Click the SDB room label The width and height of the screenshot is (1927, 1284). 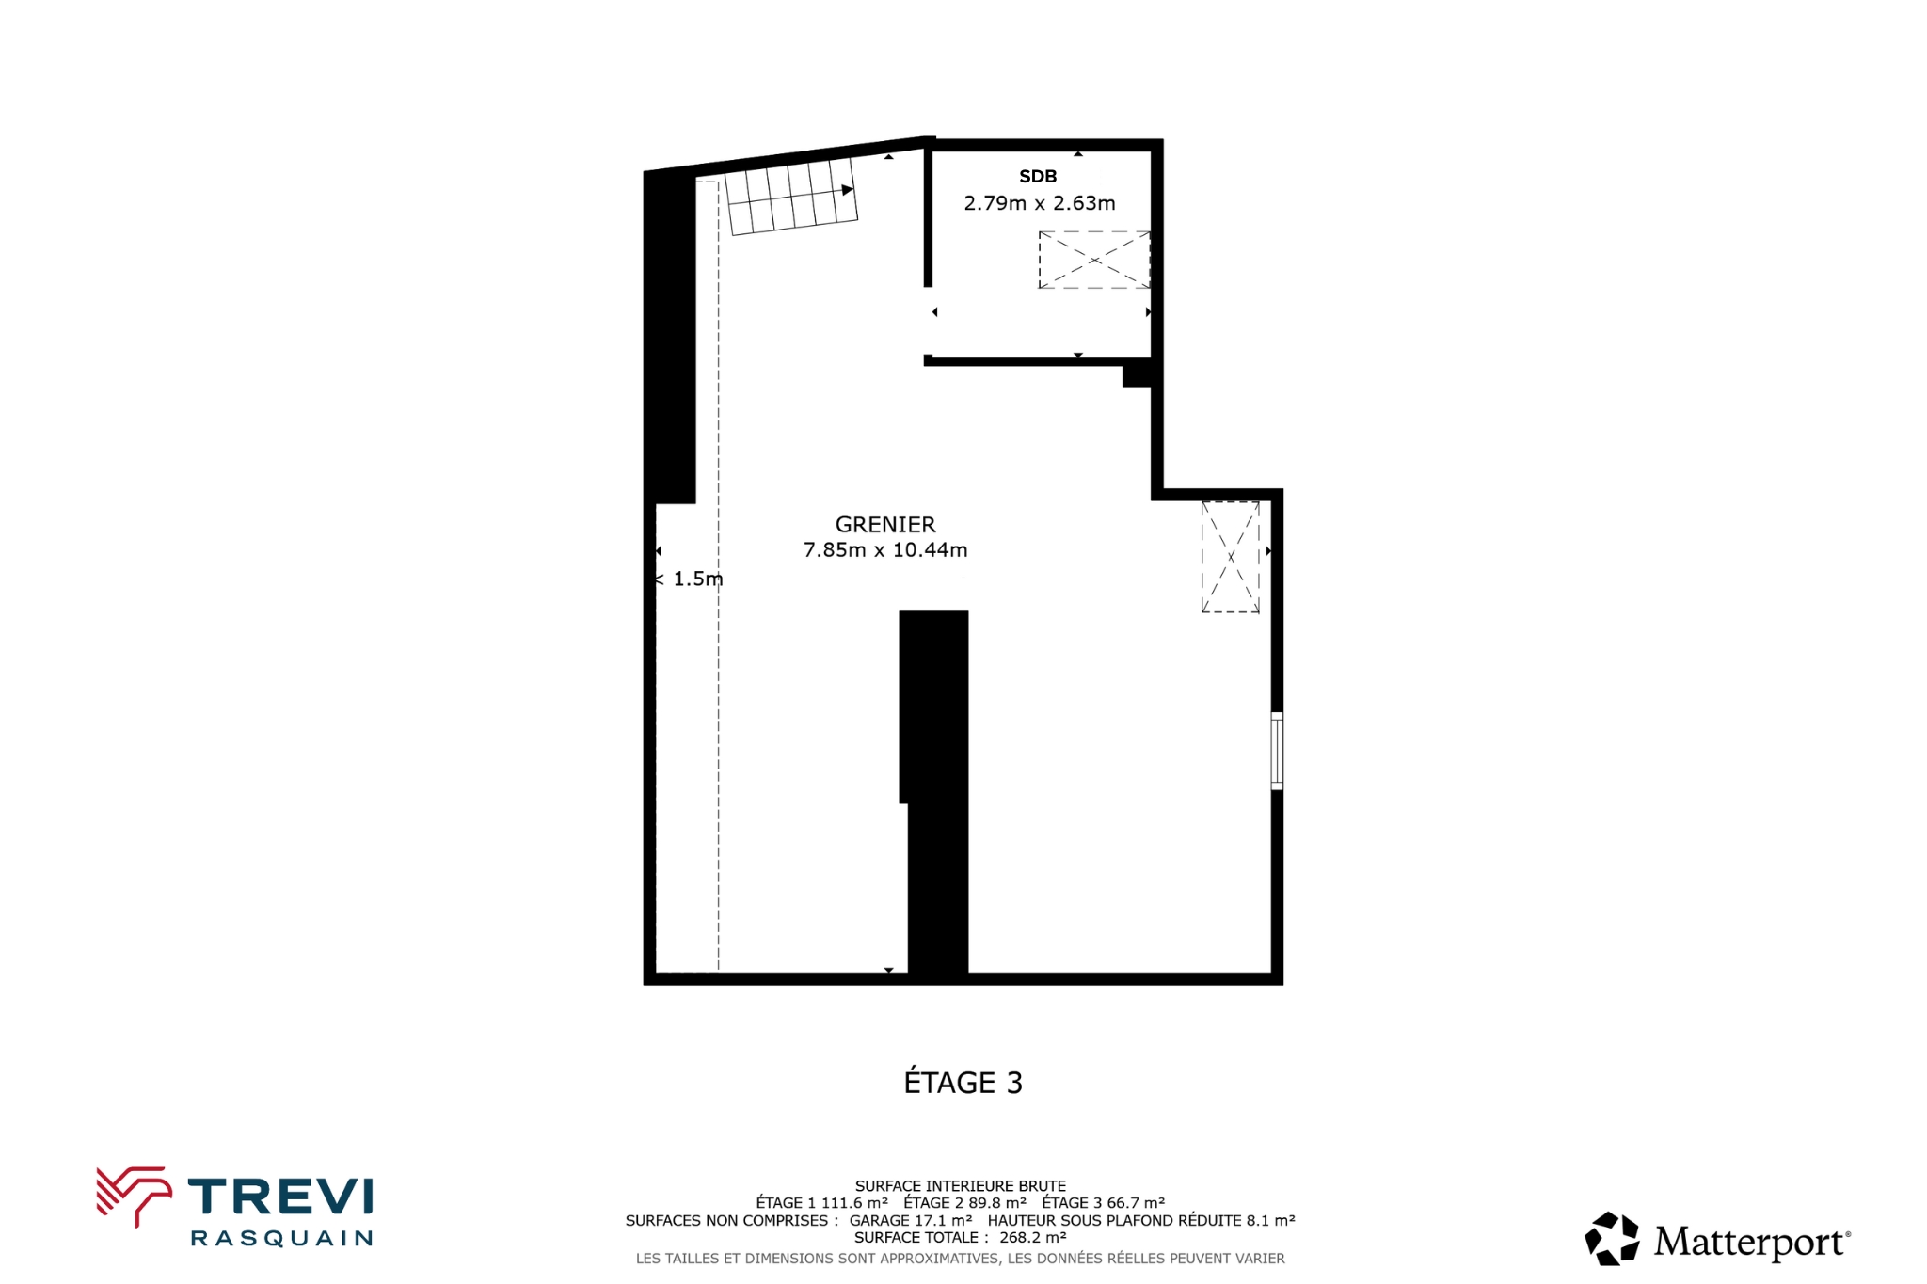pos(1038,176)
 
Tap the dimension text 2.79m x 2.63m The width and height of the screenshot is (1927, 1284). pos(1040,203)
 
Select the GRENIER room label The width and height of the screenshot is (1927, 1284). pos(885,525)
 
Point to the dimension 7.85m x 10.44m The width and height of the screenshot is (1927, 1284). pos(885,550)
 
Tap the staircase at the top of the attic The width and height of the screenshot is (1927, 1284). pos(791,197)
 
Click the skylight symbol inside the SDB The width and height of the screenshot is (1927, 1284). pos(1094,260)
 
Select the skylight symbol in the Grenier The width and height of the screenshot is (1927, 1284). pos(1231,557)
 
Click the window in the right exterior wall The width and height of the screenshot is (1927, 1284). pos(1277,751)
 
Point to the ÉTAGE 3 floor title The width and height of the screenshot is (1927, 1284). pos(963,1083)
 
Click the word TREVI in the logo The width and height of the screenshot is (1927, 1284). pos(280,1197)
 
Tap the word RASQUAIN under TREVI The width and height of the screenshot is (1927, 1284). pos(281,1238)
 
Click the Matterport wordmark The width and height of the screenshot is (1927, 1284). pos(1752,1242)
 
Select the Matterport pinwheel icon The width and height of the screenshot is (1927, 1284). pos(1612,1239)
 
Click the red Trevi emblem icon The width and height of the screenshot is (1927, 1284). pos(134,1196)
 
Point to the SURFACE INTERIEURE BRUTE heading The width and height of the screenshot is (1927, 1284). pos(961,1186)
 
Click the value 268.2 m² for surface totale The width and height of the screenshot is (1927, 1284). pos(1032,1238)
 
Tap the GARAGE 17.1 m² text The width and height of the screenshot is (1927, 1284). pos(911,1221)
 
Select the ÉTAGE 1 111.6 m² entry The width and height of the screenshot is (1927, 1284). pos(821,1203)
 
